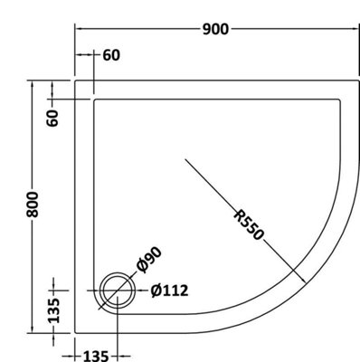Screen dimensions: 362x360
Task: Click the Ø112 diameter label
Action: [x=170, y=291]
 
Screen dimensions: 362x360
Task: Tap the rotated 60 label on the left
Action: [x=54, y=117]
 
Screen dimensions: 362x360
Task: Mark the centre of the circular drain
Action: [x=116, y=291]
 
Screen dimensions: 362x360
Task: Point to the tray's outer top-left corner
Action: [x=74, y=80]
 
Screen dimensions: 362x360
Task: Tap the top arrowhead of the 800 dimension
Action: [x=34, y=83]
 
